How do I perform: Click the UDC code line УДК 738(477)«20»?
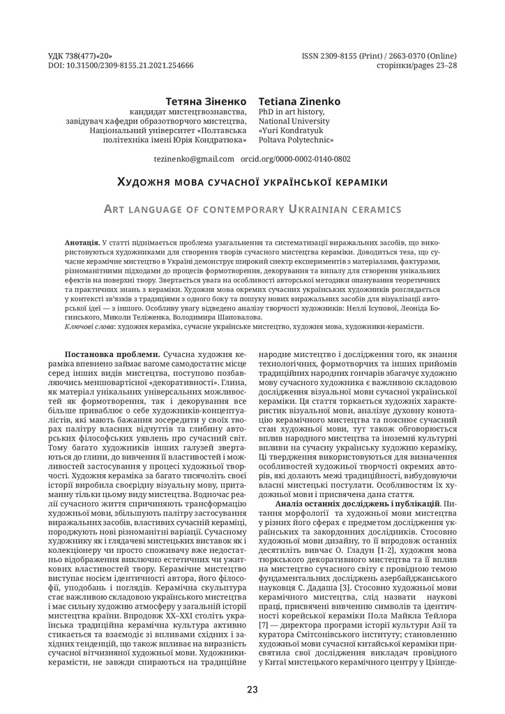pyautogui.click(x=81, y=54)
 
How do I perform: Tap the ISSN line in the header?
pyautogui.click(x=379, y=54)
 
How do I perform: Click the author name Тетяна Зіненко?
pyautogui.click(x=206, y=101)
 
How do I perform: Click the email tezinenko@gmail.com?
pyautogui.click(x=194, y=159)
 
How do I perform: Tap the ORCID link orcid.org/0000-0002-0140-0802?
pyautogui.click(x=295, y=159)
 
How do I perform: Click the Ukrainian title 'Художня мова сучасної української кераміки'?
pyautogui.click(x=252, y=182)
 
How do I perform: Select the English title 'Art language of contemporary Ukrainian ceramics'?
pyautogui.click(x=252, y=208)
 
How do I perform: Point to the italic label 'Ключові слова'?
pyautogui.click(x=90, y=326)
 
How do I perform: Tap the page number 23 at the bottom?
pyautogui.click(x=252, y=690)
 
